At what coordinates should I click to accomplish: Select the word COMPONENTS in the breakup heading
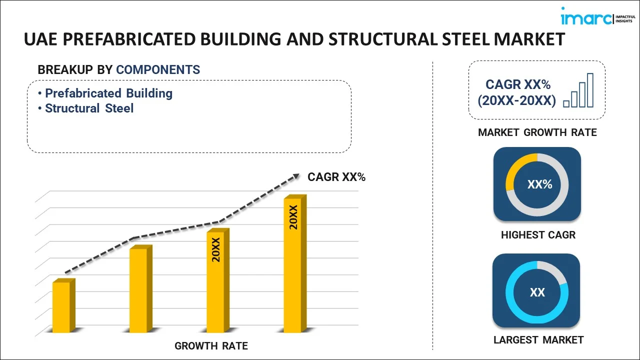click(x=158, y=70)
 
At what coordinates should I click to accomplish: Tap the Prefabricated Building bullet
click(x=108, y=93)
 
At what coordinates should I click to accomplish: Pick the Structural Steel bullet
click(x=89, y=108)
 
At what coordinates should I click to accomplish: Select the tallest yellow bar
click(x=293, y=264)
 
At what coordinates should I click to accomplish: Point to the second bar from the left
click(x=139, y=289)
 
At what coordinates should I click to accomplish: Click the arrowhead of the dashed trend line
click(x=295, y=176)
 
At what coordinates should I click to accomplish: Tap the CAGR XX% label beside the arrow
click(x=336, y=176)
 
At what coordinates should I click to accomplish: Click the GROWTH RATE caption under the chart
click(x=211, y=345)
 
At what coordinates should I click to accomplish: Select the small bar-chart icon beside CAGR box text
click(x=578, y=91)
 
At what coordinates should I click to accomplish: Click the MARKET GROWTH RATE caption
click(x=537, y=132)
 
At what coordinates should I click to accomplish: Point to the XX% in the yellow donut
click(x=539, y=184)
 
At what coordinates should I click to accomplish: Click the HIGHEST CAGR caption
click(x=538, y=234)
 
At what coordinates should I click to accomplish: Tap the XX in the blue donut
click(x=537, y=292)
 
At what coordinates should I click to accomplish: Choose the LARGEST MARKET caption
click(x=538, y=340)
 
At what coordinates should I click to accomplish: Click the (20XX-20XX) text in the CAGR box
click(x=516, y=101)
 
